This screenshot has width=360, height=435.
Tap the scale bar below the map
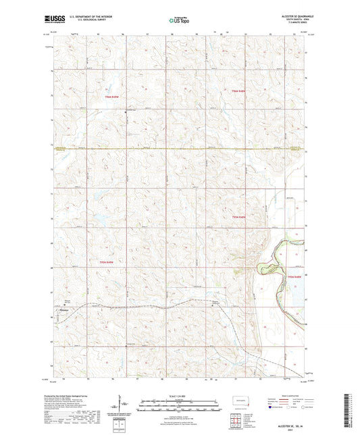pyautogui.click(x=179, y=403)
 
